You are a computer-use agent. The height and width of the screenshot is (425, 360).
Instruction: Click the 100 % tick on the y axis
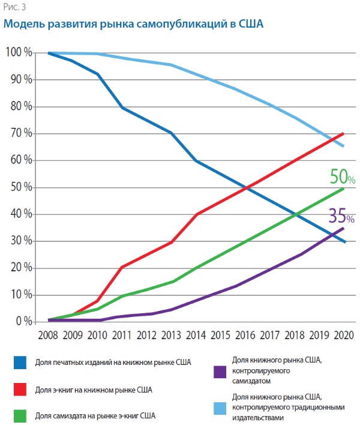pos(19,53)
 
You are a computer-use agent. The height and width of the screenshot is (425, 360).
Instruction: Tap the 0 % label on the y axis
pos(23,322)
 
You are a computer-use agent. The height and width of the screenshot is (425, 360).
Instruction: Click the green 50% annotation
pos(343,177)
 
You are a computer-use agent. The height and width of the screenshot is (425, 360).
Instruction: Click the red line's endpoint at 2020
pos(344,133)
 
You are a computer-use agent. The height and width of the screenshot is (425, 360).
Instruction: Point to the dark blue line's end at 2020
pos(344,242)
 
